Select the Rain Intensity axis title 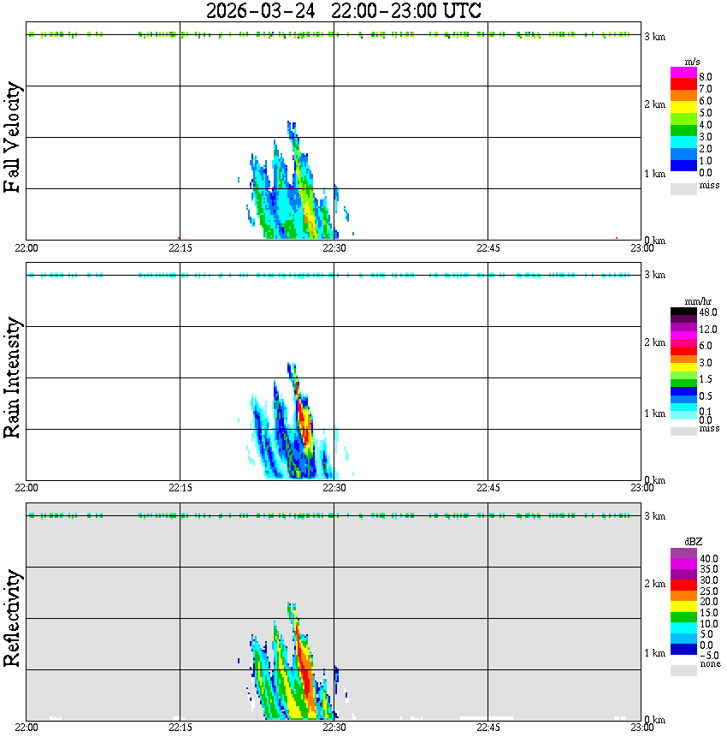[12, 377]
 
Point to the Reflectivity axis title [12, 618]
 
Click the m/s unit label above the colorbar [693, 62]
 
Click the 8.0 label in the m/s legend [705, 76]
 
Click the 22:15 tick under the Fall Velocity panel [180, 247]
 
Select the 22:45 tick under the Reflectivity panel [488, 728]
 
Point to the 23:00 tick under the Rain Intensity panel [641, 488]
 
